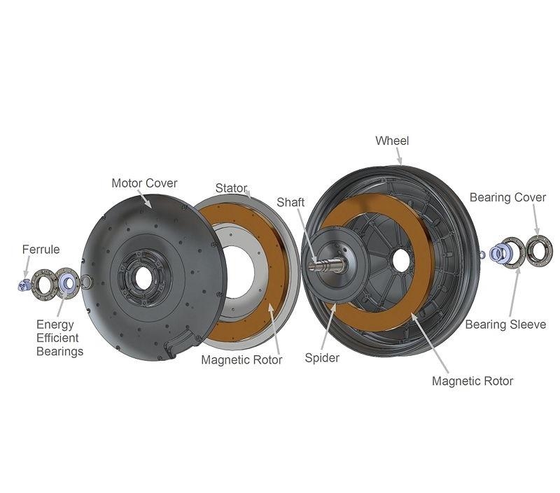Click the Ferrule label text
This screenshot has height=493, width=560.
pyautogui.click(x=41, y=250)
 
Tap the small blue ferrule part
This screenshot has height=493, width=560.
pyautogui.click(x=24, y=285)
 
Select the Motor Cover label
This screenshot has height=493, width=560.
pyautogui.click(x=144, y=183)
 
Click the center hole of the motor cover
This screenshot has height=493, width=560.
pyautogui.click(x=143, y=278)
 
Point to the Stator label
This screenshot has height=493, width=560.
pyautogui.click(x=231, y=188)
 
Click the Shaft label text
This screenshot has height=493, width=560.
pyautogui.click(x=290, y=202)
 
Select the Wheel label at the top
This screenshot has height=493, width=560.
pyautogui.click(x=392, y=141)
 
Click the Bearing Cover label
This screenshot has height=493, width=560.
pyautogui.click(x=507, y=197)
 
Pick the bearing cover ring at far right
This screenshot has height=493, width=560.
pyautogui.click(x=539, y=251)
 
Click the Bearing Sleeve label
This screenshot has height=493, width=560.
pyautogui.click(x=505, y=324)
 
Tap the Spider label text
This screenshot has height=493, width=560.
pyautogui.click(x=322, y=358)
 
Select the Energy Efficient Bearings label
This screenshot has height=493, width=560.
pyautogui.click(x=59, y=338)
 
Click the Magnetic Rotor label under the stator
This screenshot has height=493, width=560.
pyautogui.click(x=241, y=359)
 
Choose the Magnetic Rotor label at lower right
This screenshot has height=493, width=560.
pyautogui.click(x=472, y=381)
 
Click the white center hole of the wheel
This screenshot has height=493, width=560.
pyautogui.click(x=400, y=259)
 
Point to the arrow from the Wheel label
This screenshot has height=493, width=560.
pyautogui.click(x=399, y=156)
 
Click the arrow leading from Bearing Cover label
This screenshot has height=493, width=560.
pyautogui.click(x=535, y=219)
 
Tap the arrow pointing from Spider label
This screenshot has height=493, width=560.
pyautogui.click(x=328, y=327)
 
